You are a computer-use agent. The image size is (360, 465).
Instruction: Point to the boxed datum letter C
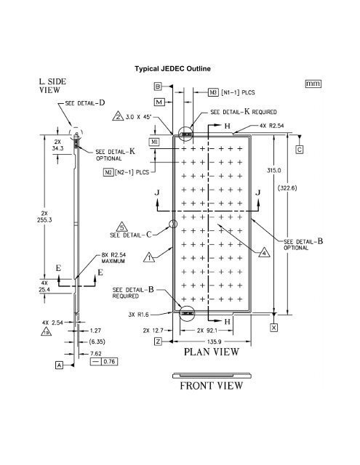(x=300, y=150)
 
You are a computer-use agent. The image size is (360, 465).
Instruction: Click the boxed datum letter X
(x=273, y=328)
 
